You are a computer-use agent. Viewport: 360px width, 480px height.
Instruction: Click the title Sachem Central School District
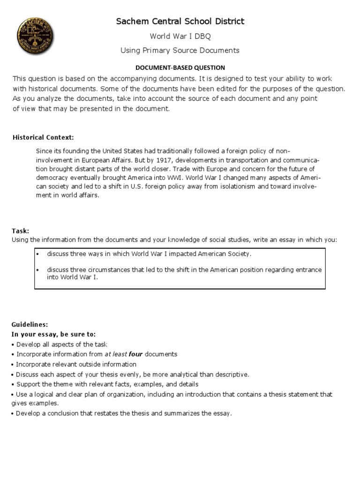point(180,21)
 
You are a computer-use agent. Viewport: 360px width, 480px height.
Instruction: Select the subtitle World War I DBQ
point(180,36)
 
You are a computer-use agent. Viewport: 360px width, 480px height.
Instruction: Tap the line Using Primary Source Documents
point(180,50)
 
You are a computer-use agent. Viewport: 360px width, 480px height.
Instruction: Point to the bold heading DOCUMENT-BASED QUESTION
point(180,67)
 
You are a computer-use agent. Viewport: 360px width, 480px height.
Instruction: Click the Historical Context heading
point(43,137)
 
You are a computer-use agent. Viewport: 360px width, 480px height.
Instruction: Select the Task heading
point(20,231)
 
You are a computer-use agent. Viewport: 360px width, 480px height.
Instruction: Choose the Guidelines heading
point(30,324)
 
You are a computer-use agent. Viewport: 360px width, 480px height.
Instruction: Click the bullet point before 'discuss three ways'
point(37,254)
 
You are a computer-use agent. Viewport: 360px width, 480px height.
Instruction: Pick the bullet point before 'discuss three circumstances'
point(37,270)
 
